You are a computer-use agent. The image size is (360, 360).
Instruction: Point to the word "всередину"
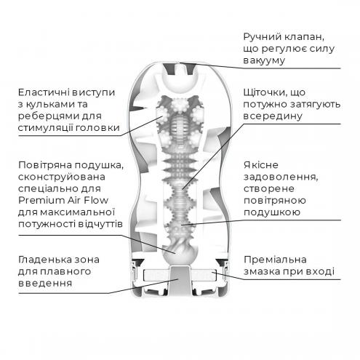click(273, 116)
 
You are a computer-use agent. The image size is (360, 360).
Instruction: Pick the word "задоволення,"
click(281, 177)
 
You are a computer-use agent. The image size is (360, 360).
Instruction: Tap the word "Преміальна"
click(275, 260)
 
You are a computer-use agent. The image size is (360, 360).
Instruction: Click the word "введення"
click(45, 283)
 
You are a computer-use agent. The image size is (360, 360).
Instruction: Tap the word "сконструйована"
click(62, 177)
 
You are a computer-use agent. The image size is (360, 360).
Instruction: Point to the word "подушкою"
click(272, 212)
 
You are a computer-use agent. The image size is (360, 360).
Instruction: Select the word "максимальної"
click(77, 212)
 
